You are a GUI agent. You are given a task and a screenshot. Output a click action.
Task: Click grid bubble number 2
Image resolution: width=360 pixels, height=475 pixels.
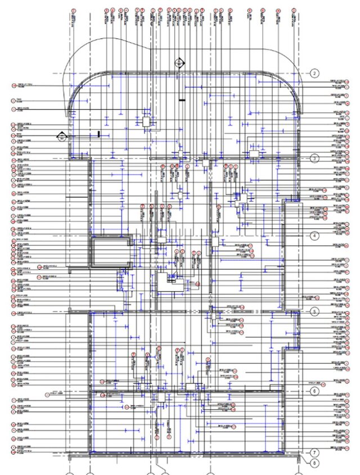315,73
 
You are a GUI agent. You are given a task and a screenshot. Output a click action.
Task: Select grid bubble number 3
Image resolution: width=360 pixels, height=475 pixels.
315,159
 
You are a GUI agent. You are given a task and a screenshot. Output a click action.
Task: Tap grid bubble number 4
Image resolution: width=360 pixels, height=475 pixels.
315,236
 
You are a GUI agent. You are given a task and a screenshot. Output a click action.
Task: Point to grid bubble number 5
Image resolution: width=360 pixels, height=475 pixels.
315,311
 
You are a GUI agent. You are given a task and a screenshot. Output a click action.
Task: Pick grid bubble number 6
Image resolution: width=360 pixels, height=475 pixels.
315,390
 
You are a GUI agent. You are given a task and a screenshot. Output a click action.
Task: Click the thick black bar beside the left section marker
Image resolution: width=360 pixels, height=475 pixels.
98,134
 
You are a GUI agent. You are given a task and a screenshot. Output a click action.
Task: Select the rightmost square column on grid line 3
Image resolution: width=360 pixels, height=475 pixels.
253,154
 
